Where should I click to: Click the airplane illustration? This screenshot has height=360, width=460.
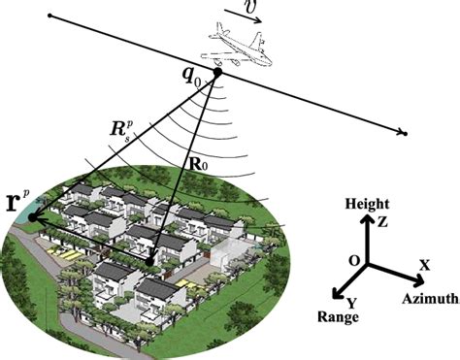click(x=237, y=48)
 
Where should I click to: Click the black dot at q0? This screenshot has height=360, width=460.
click(x=218, y=72)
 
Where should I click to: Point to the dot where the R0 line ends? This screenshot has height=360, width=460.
click(x=148, y=260)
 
